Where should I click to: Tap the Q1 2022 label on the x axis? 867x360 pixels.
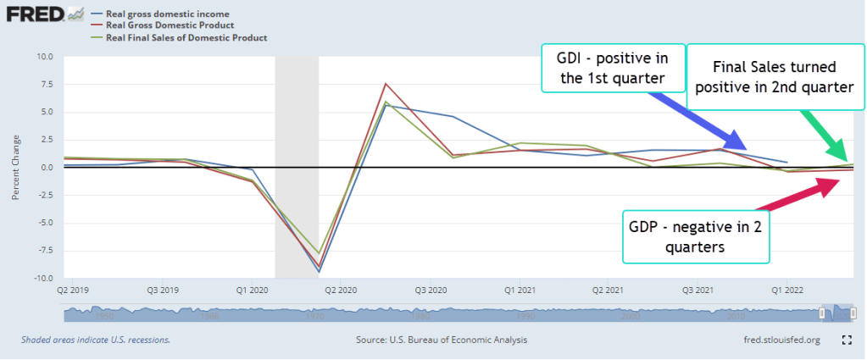787,289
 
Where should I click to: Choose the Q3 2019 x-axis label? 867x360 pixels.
164,289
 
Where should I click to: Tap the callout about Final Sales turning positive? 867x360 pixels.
775,76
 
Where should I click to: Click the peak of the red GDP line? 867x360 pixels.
386,84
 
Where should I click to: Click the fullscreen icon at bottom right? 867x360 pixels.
845,340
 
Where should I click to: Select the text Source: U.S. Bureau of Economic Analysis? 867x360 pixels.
442,340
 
